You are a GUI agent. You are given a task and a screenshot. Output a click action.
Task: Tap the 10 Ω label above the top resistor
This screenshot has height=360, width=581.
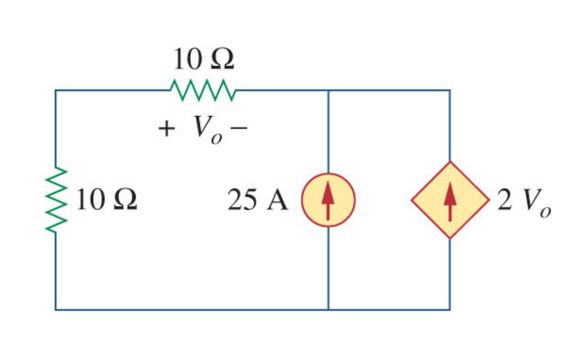(203, 59)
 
